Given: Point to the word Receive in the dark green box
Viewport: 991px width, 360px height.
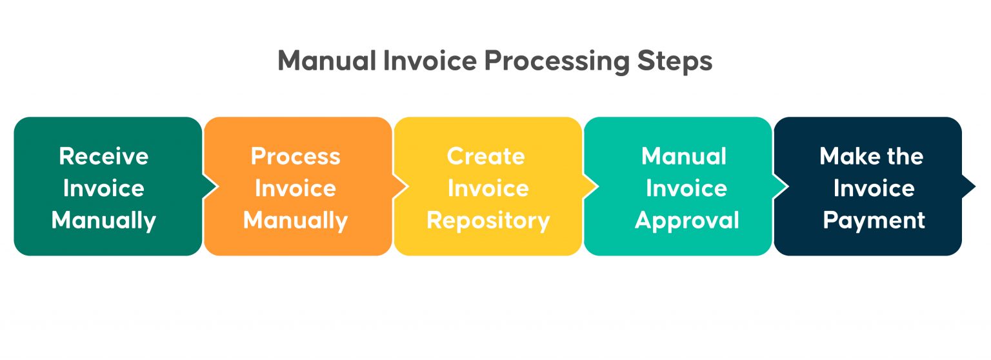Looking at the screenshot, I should pyautogui.click(x=103, y=156).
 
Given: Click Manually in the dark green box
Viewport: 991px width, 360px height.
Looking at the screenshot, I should pyautogui.click(x=103, y=221).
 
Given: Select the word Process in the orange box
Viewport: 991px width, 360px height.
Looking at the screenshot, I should pyautogui.click(x=295, y=156).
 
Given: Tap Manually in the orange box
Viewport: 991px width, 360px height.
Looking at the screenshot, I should pyautogui.click(x=295, y=221).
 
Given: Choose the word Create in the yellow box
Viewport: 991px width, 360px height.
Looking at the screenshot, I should pyautogui.click(x=486, y=156).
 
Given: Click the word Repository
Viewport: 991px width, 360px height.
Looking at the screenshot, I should pyautogui.click(x=488, y=221).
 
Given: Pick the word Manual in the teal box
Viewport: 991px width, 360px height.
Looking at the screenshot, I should pyautogui.click(x=684, y=156).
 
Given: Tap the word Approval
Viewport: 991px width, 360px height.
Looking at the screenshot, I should pyautogui.click(x=686, y=221).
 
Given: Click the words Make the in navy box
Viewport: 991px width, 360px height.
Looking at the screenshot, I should pyautogui.click(x=871, y=156).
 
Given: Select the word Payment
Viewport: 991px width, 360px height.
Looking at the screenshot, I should pyautogui.click(x=874, y=221).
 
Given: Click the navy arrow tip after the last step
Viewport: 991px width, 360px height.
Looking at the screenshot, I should pyautogui.click(x=969, y=186).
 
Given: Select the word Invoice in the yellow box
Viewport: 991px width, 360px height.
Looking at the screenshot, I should pyautogui.click(x=488, y=188).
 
